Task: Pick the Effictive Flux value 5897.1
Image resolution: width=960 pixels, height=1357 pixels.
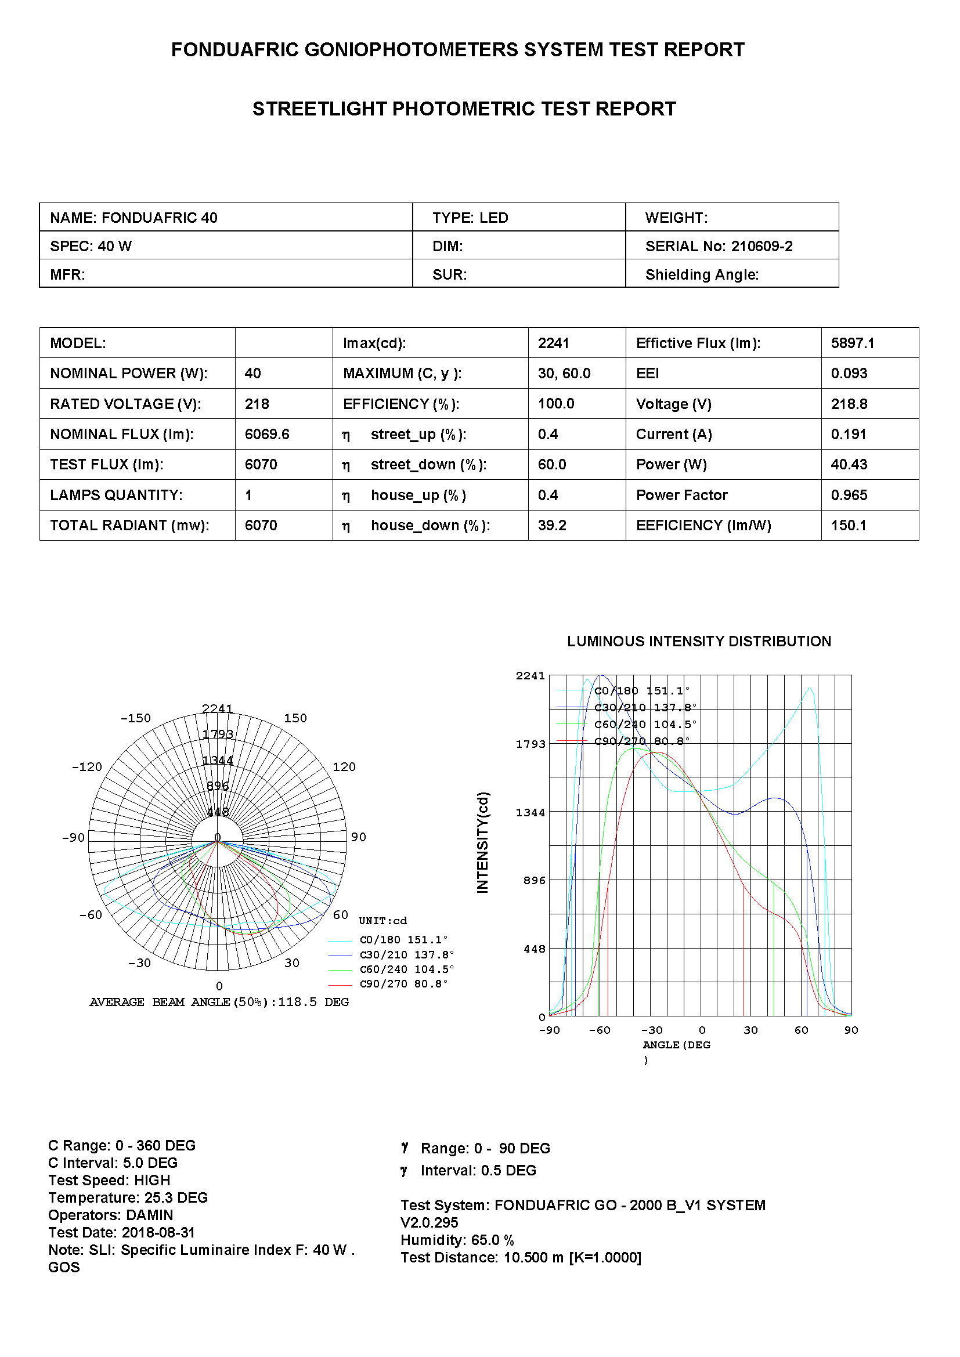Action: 852,343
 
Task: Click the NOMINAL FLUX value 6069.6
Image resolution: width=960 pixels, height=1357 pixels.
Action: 266,435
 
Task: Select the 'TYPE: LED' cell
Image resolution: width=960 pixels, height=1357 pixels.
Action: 470,218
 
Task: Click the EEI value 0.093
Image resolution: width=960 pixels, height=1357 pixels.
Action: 849,374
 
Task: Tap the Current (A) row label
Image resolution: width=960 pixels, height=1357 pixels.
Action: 673,435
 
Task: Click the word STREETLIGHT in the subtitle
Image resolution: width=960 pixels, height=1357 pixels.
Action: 320,109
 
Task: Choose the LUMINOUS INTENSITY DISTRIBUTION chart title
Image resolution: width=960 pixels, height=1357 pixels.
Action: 699,641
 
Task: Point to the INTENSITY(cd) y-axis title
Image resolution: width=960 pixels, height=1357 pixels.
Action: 482,842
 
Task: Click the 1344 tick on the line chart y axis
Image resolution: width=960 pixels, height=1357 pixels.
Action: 530,813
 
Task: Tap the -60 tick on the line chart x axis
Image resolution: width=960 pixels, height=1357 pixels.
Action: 600,1030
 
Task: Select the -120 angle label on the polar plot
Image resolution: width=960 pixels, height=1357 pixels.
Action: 87,767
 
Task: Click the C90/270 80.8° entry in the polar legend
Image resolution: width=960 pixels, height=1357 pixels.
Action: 403,983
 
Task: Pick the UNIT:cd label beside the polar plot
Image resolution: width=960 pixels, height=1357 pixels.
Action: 382,921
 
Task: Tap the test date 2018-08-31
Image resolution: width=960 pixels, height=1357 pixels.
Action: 158,1232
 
